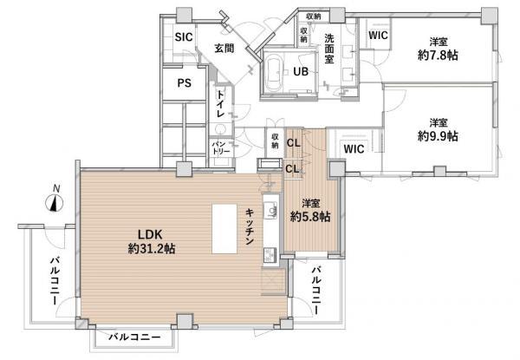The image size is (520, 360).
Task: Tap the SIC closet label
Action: tap(183, 37)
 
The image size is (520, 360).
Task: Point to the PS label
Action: tap(184, 83)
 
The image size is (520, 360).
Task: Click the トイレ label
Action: tap(221, 106)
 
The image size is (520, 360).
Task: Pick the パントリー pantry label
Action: tap(220, 148)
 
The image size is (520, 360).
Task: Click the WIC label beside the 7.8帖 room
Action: tap(377, 36)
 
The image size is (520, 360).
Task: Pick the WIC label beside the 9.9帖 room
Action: tap(353, 149)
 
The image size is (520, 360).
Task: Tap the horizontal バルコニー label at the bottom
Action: tap(134, 336)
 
